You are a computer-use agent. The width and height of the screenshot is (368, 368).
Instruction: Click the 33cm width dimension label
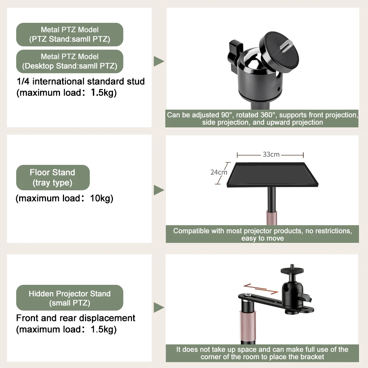[x=271, y=155]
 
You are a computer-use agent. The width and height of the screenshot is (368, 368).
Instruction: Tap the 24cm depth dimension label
[x=219, y=172]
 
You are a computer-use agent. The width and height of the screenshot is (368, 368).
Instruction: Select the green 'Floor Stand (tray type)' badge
[x=53, y=177]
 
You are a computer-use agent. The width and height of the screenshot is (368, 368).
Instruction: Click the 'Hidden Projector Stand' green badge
[x=70, y=298]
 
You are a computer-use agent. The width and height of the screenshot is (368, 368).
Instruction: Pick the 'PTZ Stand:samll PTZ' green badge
[x=70, y=34]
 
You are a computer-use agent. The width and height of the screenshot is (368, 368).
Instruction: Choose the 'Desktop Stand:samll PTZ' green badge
[x=70, y=61]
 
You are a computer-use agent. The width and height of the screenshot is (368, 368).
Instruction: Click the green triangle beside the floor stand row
[x=159, y=190]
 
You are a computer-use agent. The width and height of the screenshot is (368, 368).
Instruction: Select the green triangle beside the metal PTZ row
[x=159, y=61]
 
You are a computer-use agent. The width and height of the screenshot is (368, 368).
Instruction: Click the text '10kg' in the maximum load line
[x=102, y=199]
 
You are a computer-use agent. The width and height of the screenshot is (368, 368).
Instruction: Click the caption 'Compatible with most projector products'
[x=262, y=234]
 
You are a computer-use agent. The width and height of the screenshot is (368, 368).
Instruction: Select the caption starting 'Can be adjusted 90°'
[x=262, y=118]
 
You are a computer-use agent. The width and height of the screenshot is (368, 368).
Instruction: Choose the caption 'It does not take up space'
[x=262, y=353]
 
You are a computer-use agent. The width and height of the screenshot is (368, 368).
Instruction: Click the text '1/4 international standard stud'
[x=81, y=81]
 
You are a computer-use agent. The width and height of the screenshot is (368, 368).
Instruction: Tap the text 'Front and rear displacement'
[x=76, y=318]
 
